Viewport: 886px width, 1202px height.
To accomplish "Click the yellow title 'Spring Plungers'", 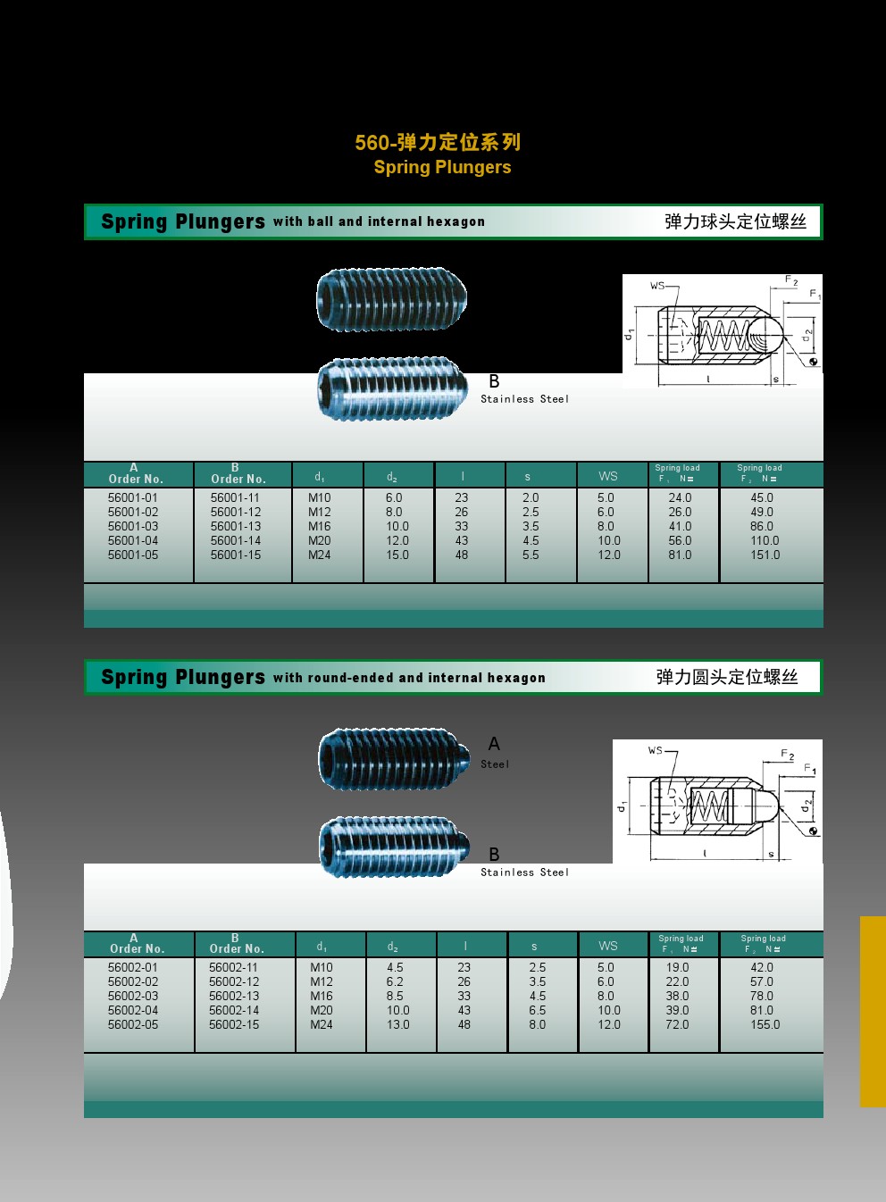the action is pos(442,167).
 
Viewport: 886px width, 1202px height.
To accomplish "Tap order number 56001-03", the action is pos(133,526).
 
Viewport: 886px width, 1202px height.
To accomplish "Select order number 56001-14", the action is pos(236,540).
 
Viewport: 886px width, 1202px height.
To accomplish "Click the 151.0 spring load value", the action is pos(765,555).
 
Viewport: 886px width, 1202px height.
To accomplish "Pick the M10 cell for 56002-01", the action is pos(322,967).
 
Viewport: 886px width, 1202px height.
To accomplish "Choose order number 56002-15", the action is pos(234,1024).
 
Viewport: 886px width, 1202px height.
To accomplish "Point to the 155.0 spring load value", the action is pos(765,1024).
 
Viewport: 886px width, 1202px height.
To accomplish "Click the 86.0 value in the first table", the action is pos(762,526).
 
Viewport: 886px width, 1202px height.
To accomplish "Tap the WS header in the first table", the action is pos(608,476).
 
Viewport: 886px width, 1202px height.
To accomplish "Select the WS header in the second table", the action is pos(608,946).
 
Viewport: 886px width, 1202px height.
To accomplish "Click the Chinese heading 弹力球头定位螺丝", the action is pos(735,221).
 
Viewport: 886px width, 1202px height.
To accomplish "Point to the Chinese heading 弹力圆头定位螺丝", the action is pos(727,677).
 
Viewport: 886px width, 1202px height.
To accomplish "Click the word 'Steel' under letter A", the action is pos(495,764).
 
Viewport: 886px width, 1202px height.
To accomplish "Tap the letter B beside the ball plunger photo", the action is pos(494,381).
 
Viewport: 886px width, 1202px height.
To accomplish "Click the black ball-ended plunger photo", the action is pos(392,298).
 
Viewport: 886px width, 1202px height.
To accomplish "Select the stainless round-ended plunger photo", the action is pos(395,847).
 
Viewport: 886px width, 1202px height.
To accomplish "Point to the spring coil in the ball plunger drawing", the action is pos(724,336).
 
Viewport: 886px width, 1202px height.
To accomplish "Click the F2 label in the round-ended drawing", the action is pos(787,754).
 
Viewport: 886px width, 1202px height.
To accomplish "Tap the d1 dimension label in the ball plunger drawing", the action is pos(630,334).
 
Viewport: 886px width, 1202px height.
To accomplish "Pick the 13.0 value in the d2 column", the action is pos(398,1024).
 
